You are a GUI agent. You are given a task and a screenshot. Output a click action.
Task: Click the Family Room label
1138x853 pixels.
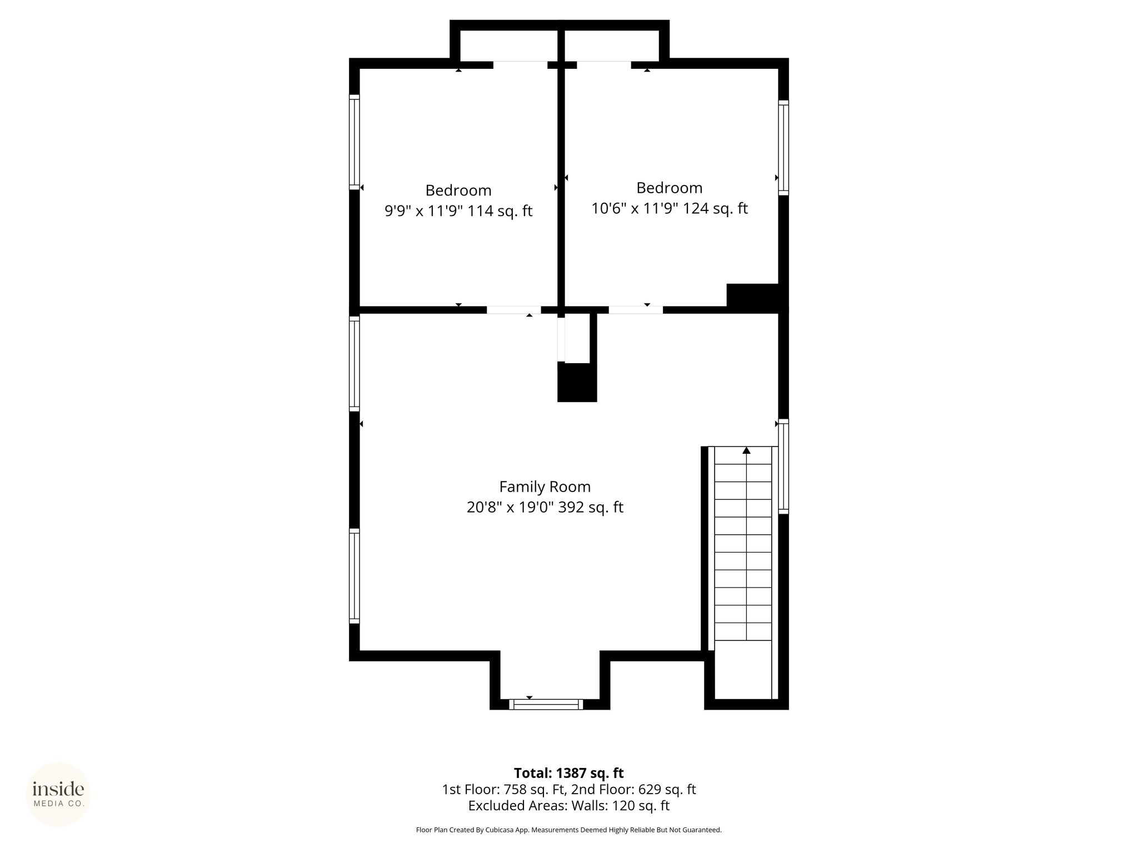pyautogui.click(x=545, y=486)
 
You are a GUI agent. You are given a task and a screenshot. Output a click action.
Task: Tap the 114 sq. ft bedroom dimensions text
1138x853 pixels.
pyautogui.click(x=458, y=211)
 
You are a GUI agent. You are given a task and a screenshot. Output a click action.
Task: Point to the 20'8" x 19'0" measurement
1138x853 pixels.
pyautogui.click(x=510, y=507)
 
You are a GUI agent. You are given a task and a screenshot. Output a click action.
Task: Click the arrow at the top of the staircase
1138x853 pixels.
pyautogui.click(x=746, y=450)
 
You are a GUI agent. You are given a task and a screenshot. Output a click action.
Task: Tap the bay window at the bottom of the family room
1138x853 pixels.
pyautogui.click(x=546, y=704)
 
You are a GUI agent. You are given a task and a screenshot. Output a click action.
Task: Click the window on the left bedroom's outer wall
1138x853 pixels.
pyautogui.click(x=355, y=142)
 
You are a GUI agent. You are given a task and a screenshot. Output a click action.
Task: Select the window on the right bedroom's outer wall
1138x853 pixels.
pyautogui.click(x=783, y=148)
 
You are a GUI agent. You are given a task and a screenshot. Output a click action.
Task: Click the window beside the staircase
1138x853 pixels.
pyautogui.click(x=783, y=466)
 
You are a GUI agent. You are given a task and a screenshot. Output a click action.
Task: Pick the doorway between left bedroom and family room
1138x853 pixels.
pyautogui.click(x=514, y=310)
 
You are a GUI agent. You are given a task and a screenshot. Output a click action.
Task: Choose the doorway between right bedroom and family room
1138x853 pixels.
pyautogui.click(x=636, y=310)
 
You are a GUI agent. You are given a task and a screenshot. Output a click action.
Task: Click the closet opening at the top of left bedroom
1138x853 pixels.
pyautogui.click(x=520, y=65)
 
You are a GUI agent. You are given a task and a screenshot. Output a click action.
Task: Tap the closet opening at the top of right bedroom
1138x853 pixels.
pyautogui.click(x=604, y=65)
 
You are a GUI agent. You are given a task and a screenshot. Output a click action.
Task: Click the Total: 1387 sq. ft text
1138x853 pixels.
pyautogui.click(x=568, y=773)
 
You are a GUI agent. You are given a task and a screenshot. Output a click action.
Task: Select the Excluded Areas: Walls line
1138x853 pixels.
pyautogui.click(x=568, y=806)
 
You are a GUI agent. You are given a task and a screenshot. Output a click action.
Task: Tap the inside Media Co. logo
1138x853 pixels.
pyautogui.click(x=58, y=794)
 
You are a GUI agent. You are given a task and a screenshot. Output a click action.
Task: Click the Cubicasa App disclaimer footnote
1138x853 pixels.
pyautogui.click(x=568, y=830)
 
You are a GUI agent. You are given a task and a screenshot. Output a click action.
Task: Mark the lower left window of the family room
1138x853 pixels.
pyautogui.click(x=355, y=576)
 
